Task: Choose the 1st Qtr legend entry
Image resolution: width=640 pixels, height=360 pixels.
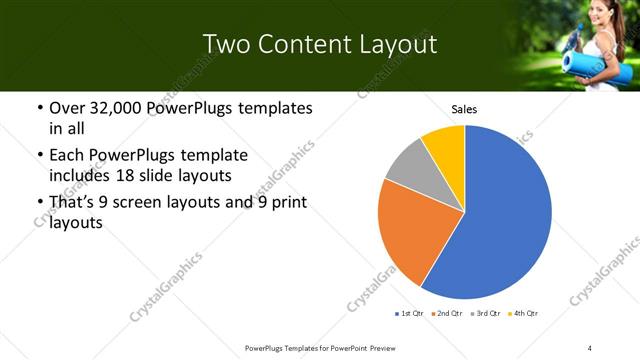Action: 411,314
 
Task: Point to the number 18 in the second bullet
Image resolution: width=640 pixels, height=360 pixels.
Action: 173,176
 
